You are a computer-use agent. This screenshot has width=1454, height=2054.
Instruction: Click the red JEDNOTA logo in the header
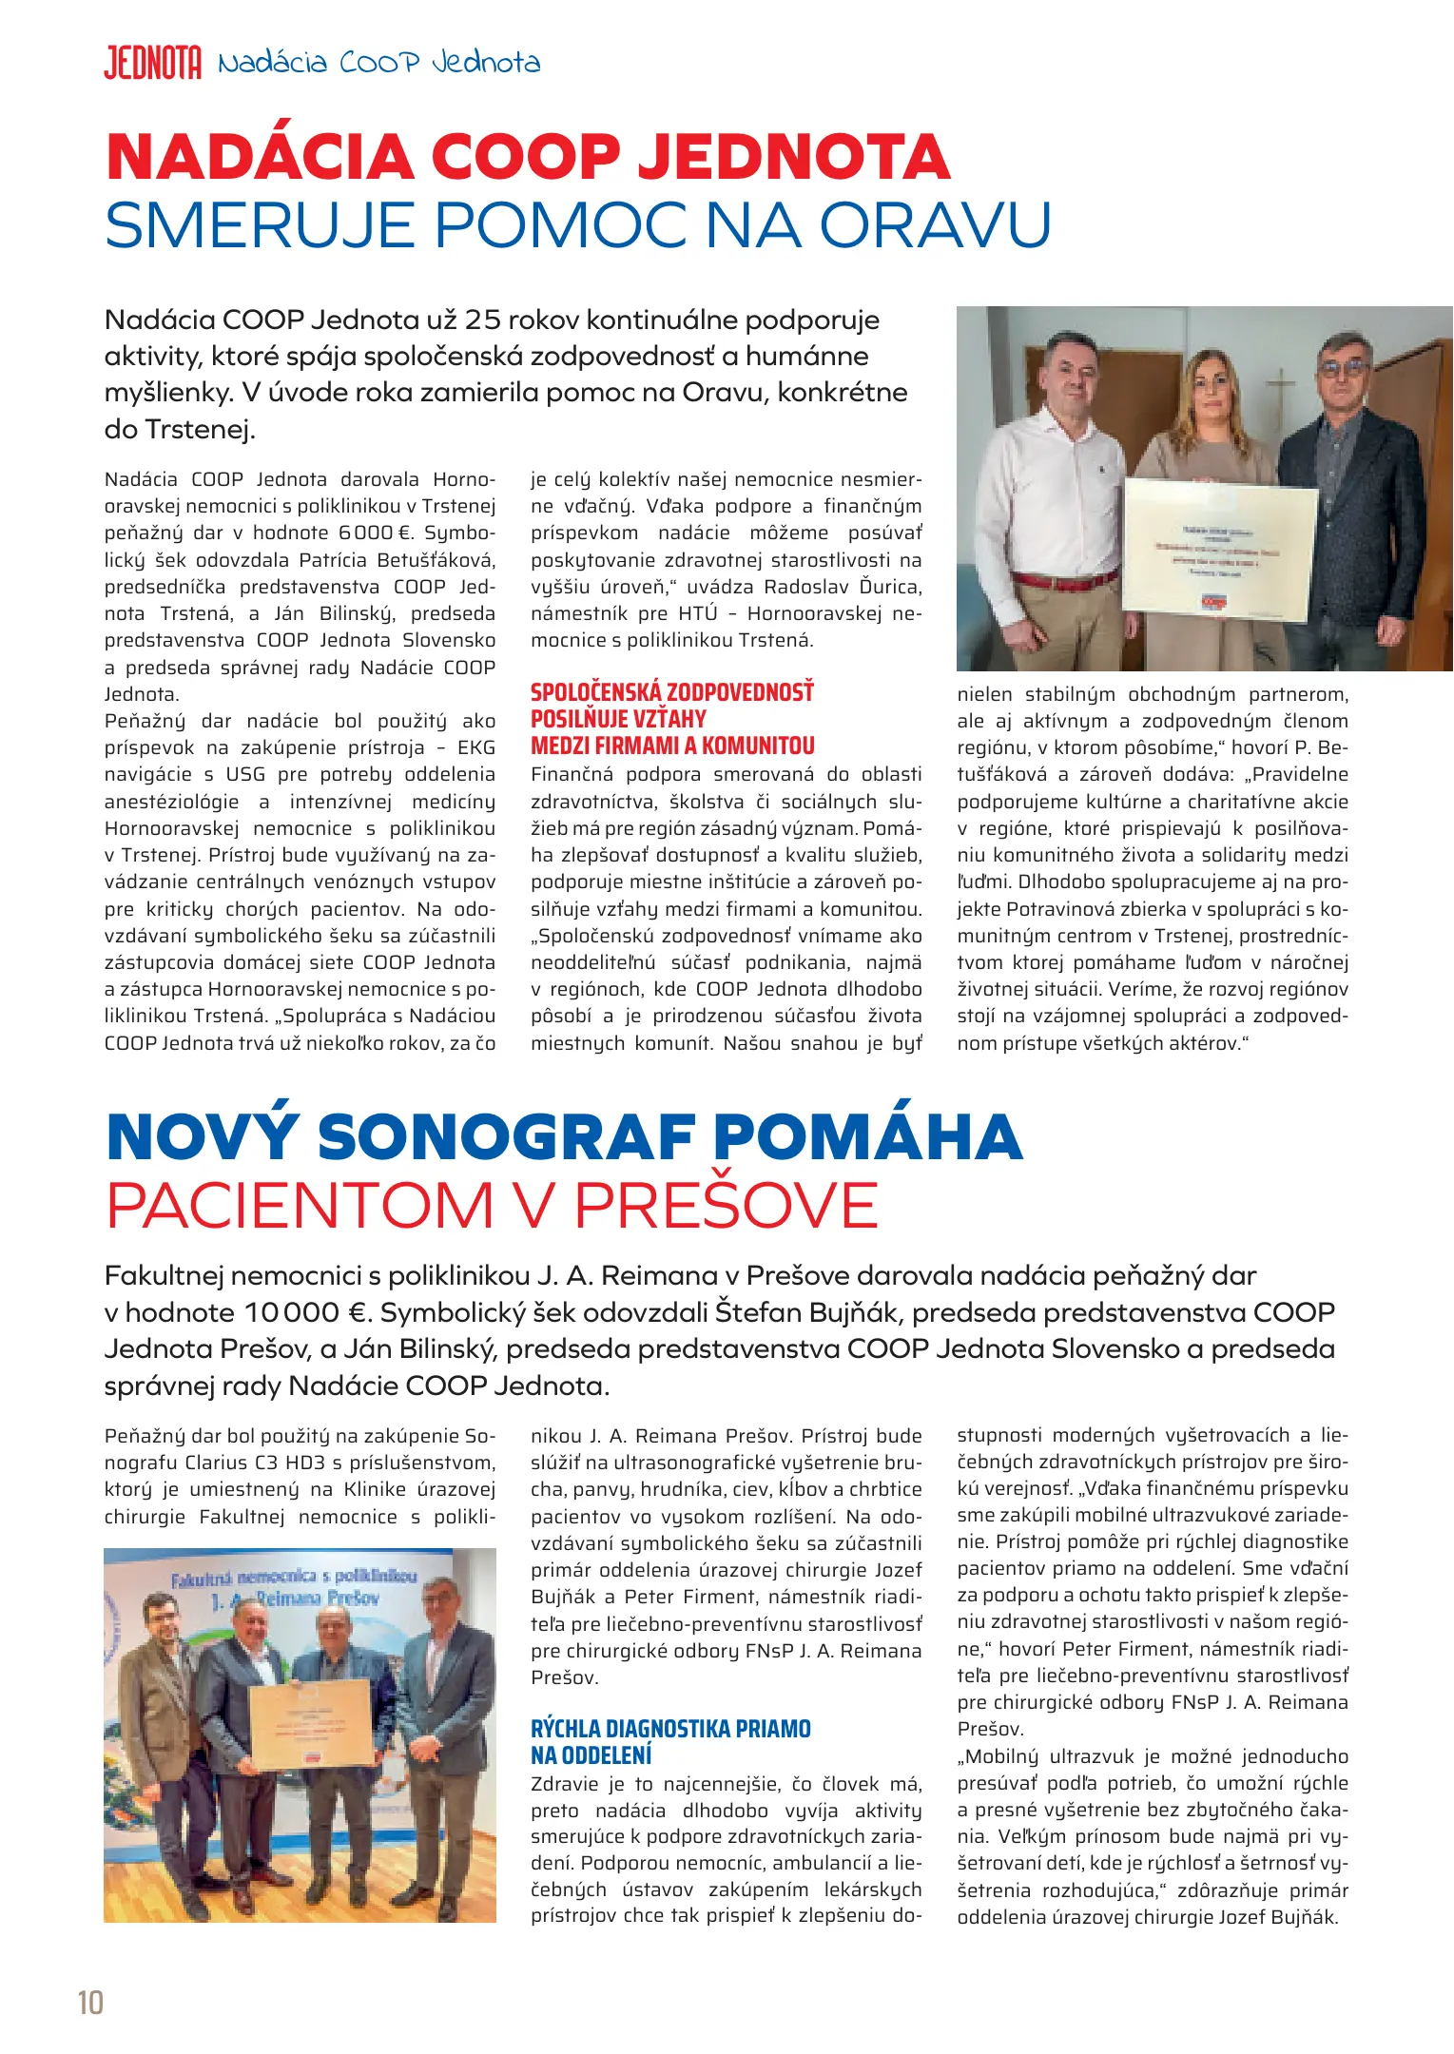click(x=152, y=63)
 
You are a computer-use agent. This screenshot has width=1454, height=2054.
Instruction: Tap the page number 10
click(x=90, y=2002)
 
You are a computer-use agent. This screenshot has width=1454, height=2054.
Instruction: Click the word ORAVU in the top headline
click(x=936, y=225)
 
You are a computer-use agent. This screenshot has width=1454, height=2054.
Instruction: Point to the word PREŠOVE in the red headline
click(x=727, y=1206)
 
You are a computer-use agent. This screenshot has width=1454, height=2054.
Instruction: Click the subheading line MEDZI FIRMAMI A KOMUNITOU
click(x=672, y=746)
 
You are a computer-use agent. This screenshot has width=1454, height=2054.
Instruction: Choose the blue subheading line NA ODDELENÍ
click(x=591, y=1755)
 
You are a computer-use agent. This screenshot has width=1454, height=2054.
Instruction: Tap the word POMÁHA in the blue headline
click(x=867, y=1136)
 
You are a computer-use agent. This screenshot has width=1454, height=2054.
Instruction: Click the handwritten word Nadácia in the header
click(x=273, y=64)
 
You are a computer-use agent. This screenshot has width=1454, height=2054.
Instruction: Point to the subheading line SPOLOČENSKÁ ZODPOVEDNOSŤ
click(x=671, y=692)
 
